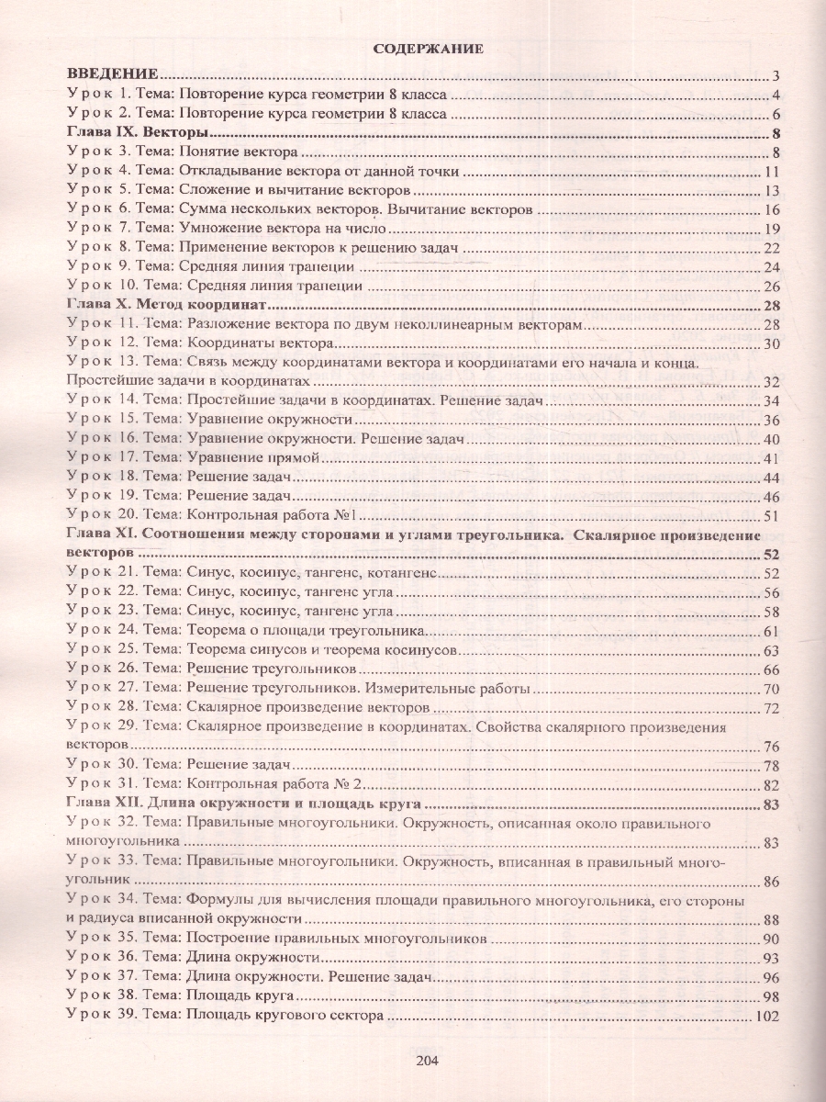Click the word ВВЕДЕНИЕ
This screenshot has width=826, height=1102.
tap(115, 75)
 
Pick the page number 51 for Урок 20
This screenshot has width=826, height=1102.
tap(771, 515)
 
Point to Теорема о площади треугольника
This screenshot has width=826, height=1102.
tap(304, 631)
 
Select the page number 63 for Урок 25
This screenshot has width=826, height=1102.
tap(771, 650)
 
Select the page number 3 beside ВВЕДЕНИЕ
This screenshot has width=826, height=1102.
tap(776, 76)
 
